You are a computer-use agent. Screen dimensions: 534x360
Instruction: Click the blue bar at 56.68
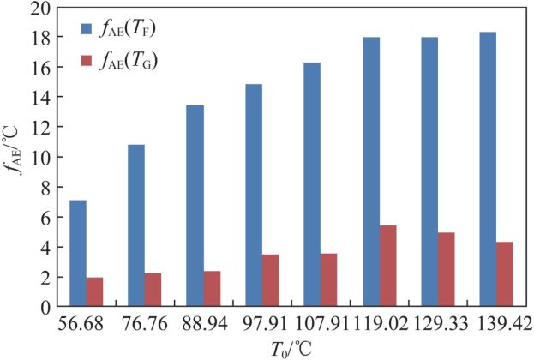pyautogui.click(x=78, y=253)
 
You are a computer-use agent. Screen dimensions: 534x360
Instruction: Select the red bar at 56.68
pyautogui.click(x=94, y=292)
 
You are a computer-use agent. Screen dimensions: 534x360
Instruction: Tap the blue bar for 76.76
pyautogui.click(x=136, y=225)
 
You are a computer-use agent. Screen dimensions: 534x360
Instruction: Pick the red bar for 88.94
pyautogui.click(x=213, y=289)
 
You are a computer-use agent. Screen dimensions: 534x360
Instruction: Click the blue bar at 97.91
pyautogui.click(x=254, y=195)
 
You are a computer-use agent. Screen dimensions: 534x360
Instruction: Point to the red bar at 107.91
pyautogui.click(x=328, y=280)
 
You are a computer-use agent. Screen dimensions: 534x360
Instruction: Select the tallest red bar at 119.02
pyautogui.click(x=388, y=266)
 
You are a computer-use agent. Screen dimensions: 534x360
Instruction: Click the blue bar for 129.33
pyautogui.click(x=429, y=171)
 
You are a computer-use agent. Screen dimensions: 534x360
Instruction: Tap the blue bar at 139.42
pyautogui.click(x=488, y=169)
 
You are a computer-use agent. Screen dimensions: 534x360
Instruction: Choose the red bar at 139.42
pyautogui.click(x=504, y=274)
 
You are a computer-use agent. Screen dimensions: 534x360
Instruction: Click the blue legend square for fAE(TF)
pyautogui.click(x=87, y=29)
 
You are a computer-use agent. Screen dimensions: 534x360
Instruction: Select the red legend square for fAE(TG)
pyautogui.click(x=87, y=61)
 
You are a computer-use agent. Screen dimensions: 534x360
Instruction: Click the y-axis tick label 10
pyautogui.click(x=40, y=157)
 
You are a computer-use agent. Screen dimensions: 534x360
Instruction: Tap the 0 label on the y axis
pyautogui.click(x=45, y=308)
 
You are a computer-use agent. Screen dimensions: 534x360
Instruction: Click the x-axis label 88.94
pyautogui.click(x=205, y=323)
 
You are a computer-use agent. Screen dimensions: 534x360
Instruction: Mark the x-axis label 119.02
pyautogui.click(x=381, y=323)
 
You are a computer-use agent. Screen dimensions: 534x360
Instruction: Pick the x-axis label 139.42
pyautogui.click(x=504, y=323)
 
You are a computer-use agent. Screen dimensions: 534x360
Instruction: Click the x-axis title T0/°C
pyautogui.click(x=291, y=349)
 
